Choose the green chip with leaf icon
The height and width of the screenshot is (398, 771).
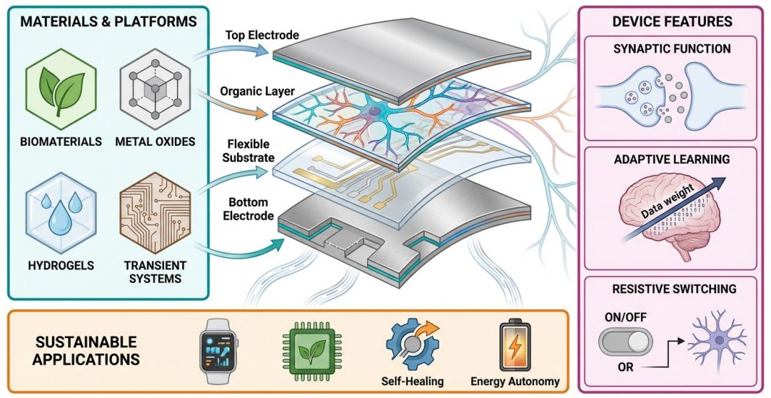308,349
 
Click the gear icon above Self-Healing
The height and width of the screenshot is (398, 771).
410,343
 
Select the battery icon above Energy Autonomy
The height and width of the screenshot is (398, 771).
515,344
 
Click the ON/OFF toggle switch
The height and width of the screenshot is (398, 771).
625,344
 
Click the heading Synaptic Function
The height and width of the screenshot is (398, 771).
672,49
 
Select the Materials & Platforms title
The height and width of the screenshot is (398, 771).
109,22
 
